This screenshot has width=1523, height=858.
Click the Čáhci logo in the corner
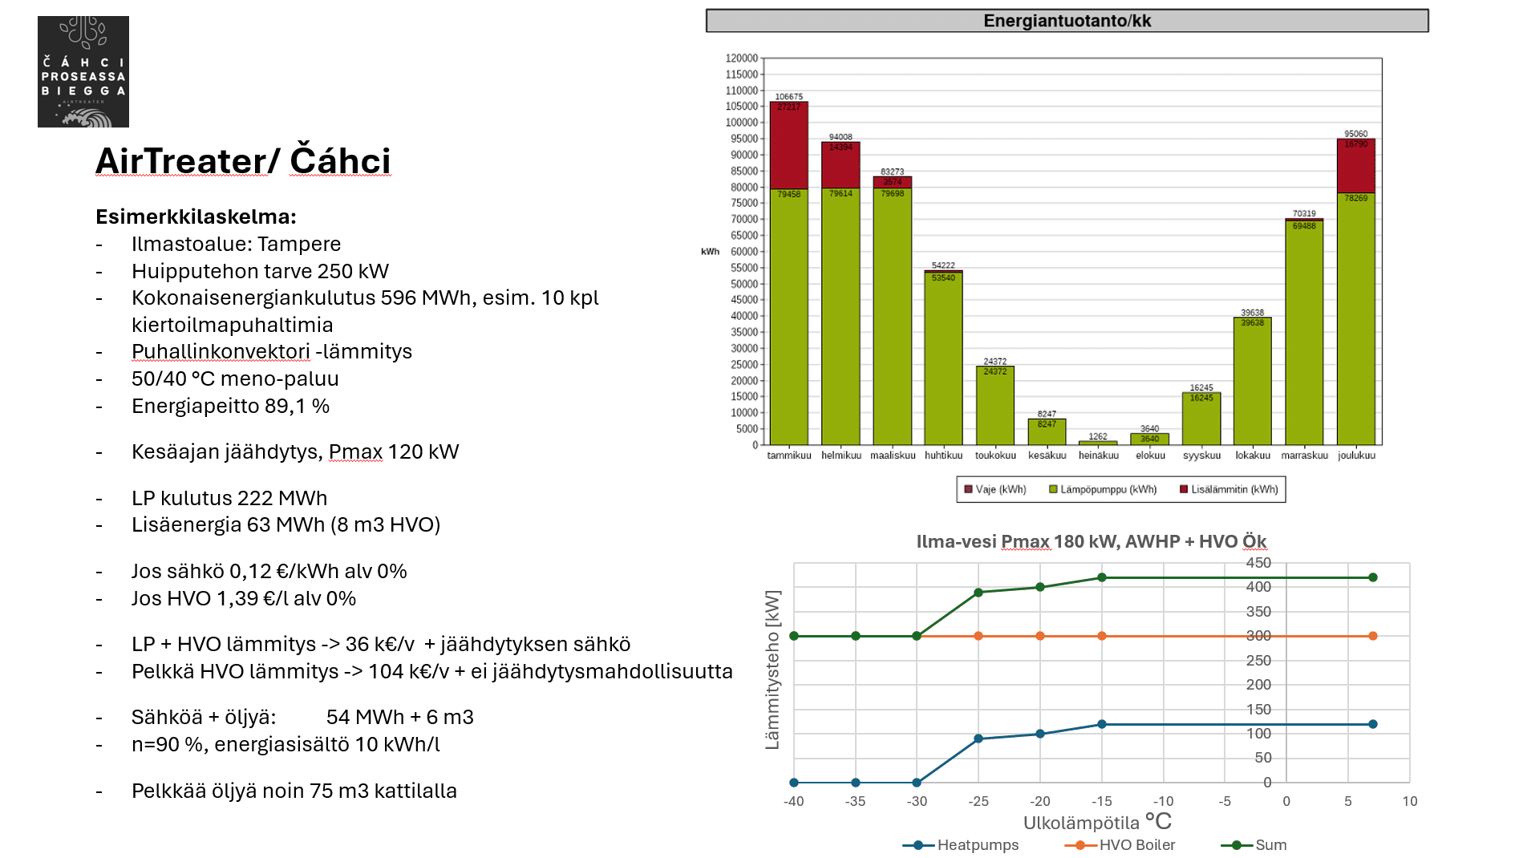pyautogui.click(x=83, y=71)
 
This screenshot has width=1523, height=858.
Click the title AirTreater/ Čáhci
pyautogui.click(x=243, y=161)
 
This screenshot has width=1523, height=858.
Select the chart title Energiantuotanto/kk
pyautogui.click(x=1067, y=21)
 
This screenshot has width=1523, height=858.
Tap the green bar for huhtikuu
pyautogui.click(x=943, y=359)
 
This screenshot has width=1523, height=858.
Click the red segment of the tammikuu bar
pyautogui.click(x=789, y=146)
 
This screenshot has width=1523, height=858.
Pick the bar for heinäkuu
pyautogui.click(x=1098, y=443)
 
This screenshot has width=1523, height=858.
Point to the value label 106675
pyautogui.click(x=789, y=96)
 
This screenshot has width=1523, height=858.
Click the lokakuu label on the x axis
pyautogui.click(x=1253, y=455)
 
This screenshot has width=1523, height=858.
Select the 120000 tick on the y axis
pyautogui.click(x=741, y=59)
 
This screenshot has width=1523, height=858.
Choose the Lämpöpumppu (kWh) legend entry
pyautogui.click(x=1104, y=489)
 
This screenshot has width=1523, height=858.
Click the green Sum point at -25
pyautogui.click(x=978, y=593)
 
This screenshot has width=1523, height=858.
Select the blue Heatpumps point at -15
pyautogui.click(x=1102, y=724)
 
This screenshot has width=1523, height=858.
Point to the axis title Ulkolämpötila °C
pyautogui.click(x=1096, y=822)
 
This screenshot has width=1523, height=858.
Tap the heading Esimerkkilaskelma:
pyautogui.click(x=196, y=217)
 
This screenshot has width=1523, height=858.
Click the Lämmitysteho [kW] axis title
pyautogui.click(x=772, y=670)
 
